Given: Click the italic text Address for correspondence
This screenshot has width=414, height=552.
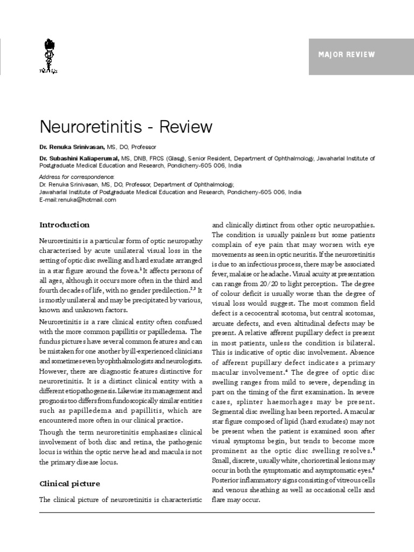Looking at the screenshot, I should tap(77, 177).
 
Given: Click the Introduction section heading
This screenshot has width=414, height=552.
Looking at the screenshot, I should tap(64, 225).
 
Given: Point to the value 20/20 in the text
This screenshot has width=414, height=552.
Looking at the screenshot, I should tap(270, 284).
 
